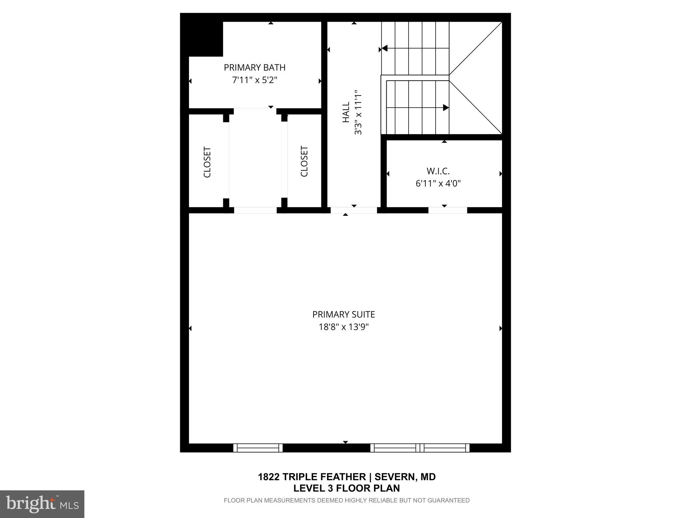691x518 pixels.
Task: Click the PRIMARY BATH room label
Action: [254, 67]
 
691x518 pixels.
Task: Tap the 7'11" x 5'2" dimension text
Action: [254, 80]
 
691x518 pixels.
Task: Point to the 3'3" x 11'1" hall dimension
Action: [358, 112]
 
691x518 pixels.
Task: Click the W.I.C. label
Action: [438, 171]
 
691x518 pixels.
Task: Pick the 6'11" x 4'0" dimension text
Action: [438, 184]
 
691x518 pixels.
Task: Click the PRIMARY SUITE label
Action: [343, 314]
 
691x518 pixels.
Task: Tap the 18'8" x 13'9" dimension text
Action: [343, 327]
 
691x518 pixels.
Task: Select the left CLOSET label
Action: [207, 162]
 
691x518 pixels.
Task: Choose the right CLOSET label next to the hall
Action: [304, 161]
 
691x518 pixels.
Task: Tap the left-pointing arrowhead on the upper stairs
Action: [384, 49]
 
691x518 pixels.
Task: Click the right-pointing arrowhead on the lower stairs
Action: [446, 108]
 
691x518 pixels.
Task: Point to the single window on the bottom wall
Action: [258, 448]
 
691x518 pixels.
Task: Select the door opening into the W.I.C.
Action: [447, 210]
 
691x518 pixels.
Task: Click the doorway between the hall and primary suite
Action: [354, 210]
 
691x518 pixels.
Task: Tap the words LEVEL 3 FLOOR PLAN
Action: [346, 488]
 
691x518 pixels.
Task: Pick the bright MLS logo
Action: [42, 504]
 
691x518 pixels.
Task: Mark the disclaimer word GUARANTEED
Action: [448, 500]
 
